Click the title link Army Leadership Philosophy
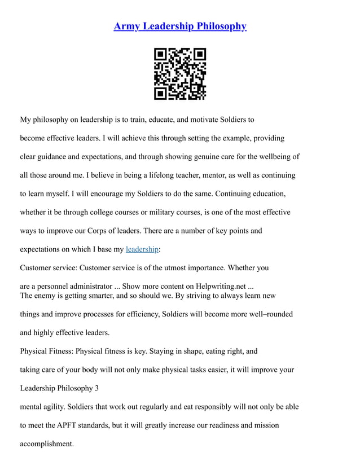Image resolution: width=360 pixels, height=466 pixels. point(180,27)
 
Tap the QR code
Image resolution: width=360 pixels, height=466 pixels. point(180,74)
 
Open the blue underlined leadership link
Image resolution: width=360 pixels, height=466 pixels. point(142,249)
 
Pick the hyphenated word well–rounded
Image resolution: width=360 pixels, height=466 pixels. point(269,314)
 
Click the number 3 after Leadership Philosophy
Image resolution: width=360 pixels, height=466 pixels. point(96,388)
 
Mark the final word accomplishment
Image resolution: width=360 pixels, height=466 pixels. point(47,444)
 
